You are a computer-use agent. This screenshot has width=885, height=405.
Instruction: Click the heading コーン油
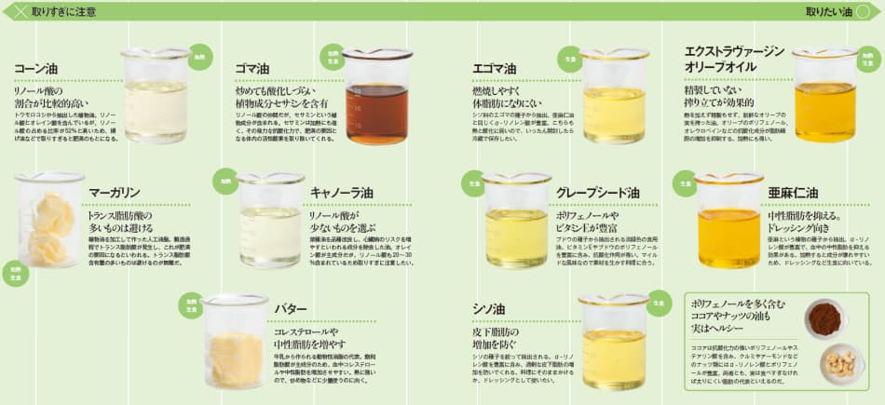(x=35, y=69)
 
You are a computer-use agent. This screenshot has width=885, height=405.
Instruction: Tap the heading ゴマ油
(x=253, y=69)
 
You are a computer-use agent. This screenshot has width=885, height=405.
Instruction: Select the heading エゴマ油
(x=495, y=69)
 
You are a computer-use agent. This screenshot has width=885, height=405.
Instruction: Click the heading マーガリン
(x=115, y=194)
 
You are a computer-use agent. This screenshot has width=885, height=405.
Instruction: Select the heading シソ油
(x=489, y=308)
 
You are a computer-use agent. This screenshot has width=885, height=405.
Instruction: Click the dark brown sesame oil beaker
(x=376, y=98)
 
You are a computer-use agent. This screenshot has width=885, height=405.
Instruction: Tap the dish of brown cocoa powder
(x=824, y=318)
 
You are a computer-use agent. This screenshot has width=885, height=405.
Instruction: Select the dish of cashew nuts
(x=841, y=364)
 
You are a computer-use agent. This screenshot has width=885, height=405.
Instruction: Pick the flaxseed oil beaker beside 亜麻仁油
(x=728, y=222)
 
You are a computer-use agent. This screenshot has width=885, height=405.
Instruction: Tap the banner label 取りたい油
(x=828, y=12)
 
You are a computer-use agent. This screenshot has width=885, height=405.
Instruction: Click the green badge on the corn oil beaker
(x=198, y=58)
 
